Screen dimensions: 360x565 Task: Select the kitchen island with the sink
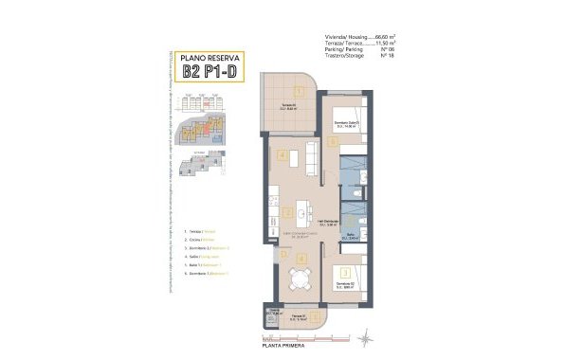pos(303,208)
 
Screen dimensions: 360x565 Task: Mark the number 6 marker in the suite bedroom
pos(334,142)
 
